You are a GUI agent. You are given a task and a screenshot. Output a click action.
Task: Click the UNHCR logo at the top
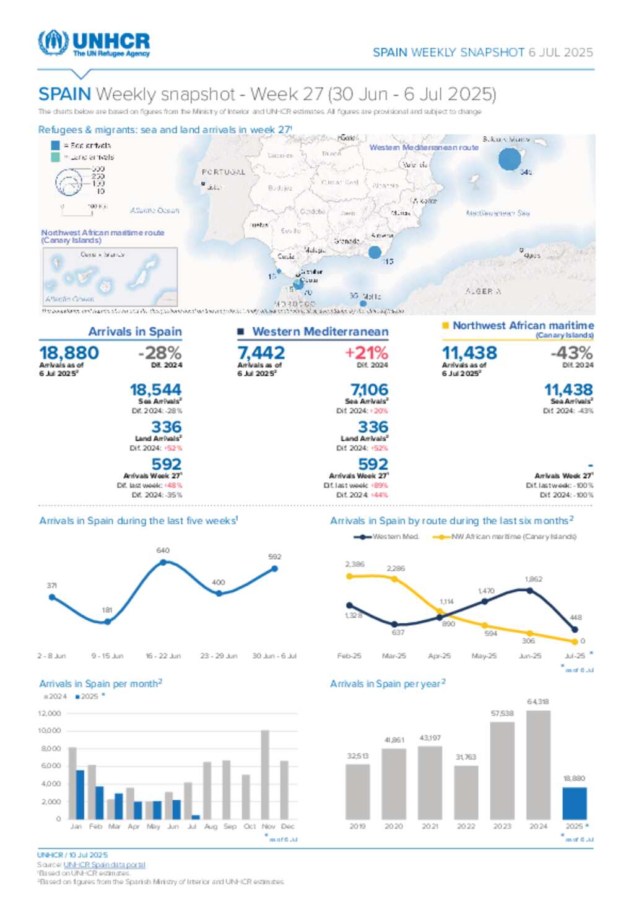[x=94, y=43]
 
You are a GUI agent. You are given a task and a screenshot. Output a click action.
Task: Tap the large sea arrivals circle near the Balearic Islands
[x=510, y=159]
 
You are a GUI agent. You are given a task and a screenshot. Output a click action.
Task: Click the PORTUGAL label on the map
[x=224, y=172]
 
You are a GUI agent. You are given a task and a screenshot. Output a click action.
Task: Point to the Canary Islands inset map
[x=110, y=277]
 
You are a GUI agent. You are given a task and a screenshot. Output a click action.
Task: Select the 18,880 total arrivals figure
[x=69, y=353]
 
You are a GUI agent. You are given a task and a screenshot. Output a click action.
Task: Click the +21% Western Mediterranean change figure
[x=367, y=353]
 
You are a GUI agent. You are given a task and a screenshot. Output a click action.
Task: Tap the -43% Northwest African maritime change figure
[x=571, y=353]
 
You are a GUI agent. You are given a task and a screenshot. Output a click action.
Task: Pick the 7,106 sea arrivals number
[x=369, y=390]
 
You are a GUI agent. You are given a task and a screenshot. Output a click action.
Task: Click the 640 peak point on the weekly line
[x=163, y=562]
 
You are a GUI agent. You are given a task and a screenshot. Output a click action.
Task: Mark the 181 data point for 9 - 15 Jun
[x=108, y=622]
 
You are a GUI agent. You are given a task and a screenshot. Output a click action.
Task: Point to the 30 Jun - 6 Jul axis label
[x=274, y=656]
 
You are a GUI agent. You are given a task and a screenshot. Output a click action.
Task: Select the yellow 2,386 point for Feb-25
[x=349, y=576]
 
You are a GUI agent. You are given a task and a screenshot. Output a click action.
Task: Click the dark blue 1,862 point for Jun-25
[x=530, y=591]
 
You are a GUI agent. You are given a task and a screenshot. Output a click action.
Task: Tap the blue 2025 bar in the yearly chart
[x=575, y=803]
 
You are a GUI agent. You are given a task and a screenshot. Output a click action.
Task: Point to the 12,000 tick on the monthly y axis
[x=50, y=713]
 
